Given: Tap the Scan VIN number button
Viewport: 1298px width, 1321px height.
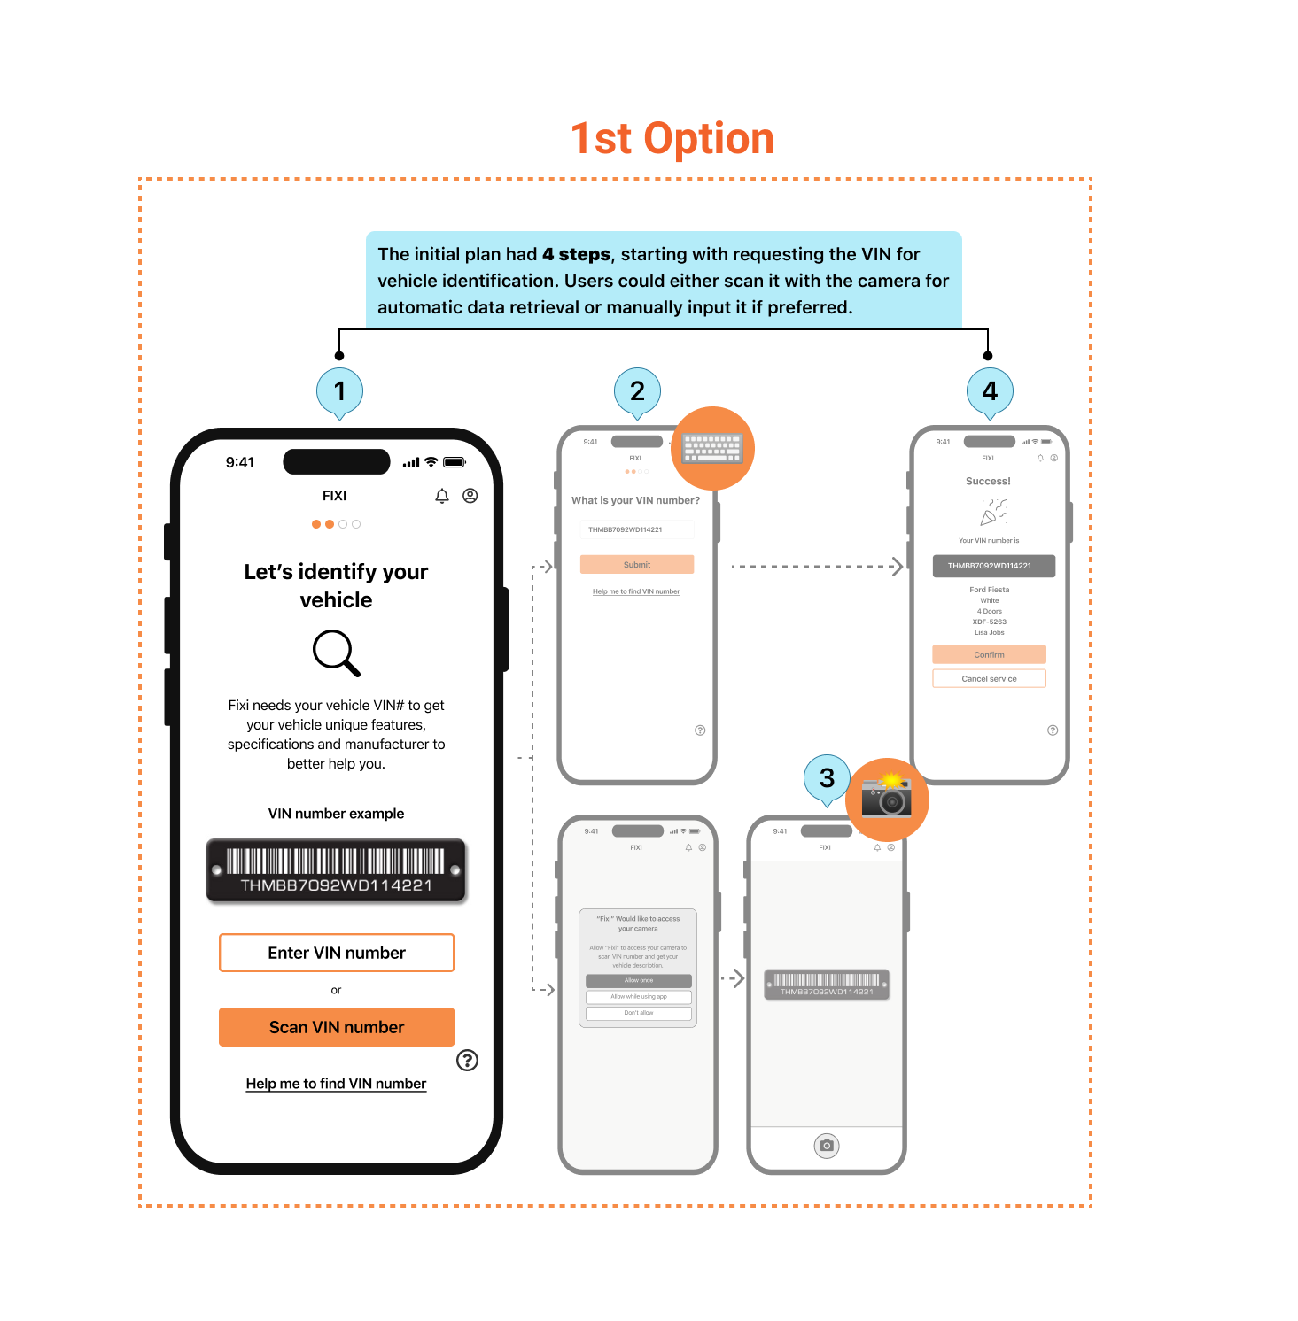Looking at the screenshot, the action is tap(337, 1027).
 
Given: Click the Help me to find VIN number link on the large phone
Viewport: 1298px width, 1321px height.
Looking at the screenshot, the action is tap(336, 1084).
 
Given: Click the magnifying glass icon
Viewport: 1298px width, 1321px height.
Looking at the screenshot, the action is tap(336, 653).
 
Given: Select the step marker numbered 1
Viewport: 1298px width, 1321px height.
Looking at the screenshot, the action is tap(339, 390).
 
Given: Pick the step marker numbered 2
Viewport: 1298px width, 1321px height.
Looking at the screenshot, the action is tap(637, 390).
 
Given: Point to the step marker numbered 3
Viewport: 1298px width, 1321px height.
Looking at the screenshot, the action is tap(827, 777).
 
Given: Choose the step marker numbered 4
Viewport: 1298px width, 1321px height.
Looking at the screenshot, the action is tap(990, 390).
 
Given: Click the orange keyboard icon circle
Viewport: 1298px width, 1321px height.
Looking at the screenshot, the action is tap(712, 448).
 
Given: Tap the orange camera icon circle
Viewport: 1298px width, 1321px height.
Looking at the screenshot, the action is tap(887, 799).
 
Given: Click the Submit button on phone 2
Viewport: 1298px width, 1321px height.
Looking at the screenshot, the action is tap(637, 565).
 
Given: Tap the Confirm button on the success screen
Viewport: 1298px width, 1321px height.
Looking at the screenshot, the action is tap(989, 655).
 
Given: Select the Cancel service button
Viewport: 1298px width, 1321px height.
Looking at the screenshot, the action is tap(989, 679).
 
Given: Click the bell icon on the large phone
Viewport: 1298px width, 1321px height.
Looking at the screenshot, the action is tap(442, 496).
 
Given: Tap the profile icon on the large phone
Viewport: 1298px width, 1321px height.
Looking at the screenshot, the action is tap(470, 496).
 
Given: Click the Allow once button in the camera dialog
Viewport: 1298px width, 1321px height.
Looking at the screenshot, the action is tap(638, 981).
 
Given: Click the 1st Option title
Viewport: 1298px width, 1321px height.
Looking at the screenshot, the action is tap(672, 139).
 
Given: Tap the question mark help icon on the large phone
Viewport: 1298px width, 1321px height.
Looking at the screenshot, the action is tap(467, 1060).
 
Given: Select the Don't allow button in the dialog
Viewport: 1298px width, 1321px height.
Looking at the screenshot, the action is tap(638, 1013).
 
